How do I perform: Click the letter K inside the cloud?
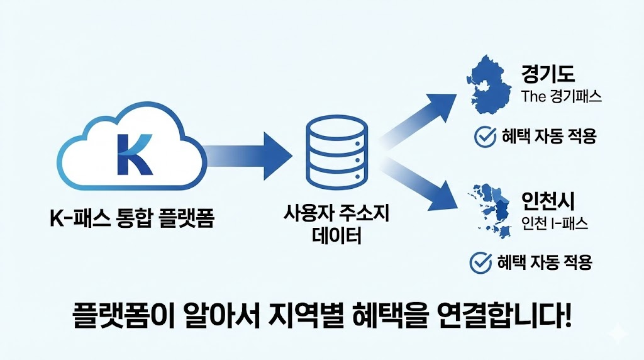point(133,153)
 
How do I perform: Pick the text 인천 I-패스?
point(555,224)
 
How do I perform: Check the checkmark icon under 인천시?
point(480,262)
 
